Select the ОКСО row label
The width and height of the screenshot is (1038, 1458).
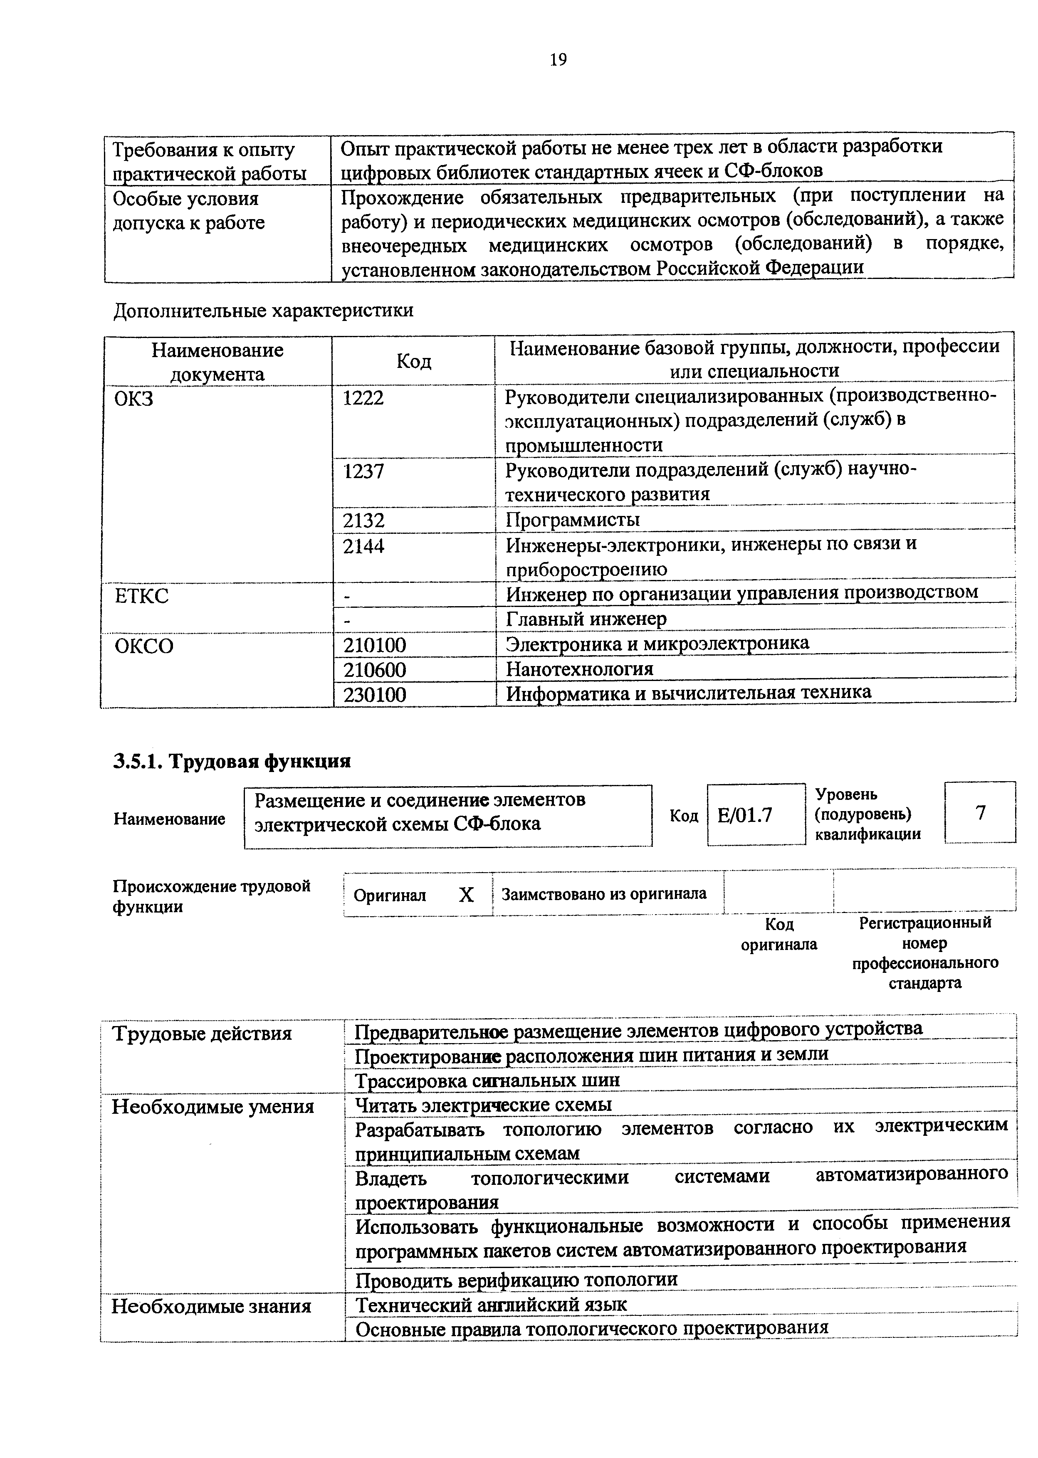pos(144,646)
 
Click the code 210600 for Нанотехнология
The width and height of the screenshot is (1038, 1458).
pos(375,670)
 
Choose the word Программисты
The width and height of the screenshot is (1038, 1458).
pos(573,519)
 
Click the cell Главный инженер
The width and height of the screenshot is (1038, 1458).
pos(586,619)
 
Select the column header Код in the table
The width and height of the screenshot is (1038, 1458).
pos(413,362)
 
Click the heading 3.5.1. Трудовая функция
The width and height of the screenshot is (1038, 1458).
pos(232,762)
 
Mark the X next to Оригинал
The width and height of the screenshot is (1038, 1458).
pos(467,895)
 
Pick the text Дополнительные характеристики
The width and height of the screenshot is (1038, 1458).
pos(263,311)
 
